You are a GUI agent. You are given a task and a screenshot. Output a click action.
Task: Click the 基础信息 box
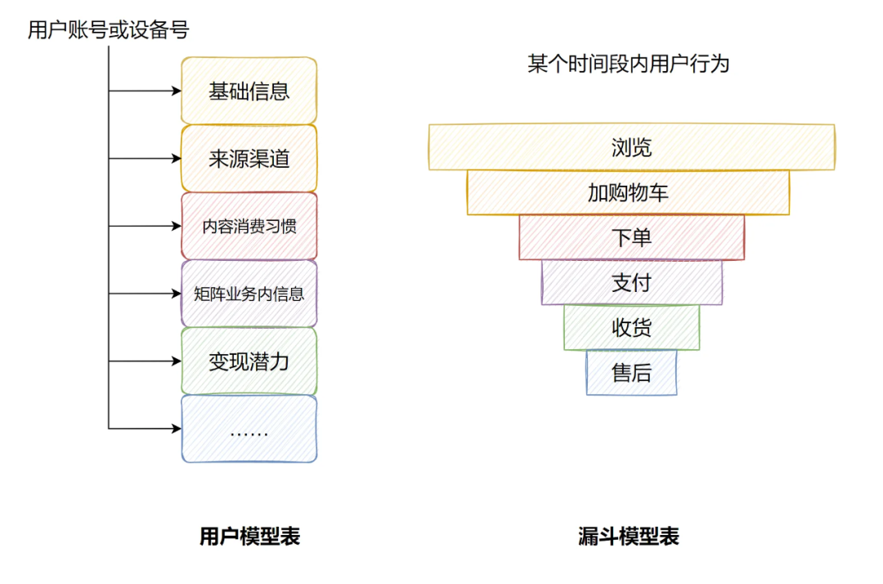click(249, 91)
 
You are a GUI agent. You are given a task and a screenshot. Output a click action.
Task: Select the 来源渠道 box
click(249, 159)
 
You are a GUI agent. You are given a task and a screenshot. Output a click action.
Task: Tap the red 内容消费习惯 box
click(249, 226)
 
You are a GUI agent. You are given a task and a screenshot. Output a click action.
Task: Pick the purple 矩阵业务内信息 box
click(249, 294)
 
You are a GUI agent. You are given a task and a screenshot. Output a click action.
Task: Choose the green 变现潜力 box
click(249, 361)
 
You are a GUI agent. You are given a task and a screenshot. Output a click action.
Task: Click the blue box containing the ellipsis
click(249, 429)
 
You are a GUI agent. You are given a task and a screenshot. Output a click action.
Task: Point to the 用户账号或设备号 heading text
click(108, 31)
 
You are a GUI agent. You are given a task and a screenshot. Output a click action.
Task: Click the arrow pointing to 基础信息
click(145, 91)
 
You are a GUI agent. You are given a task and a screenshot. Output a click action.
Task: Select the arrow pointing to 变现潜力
click(145, 361)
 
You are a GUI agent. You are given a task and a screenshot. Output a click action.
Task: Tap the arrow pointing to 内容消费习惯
click(145, 226)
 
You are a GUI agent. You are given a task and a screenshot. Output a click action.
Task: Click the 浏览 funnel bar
click(631, 147)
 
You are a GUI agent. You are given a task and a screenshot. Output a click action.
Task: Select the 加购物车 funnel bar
click(628, 192)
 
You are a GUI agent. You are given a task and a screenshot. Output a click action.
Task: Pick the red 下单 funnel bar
click(631, 237)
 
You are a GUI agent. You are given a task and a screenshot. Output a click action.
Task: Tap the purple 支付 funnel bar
click(631, 282)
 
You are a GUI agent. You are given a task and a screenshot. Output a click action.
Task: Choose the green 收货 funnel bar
click(631, 327)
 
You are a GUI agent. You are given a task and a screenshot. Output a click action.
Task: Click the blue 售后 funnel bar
click(631, 372)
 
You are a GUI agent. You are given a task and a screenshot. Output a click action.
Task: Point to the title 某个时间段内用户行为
click(628, 65)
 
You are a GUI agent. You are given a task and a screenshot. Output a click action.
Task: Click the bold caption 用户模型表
click(249, 537)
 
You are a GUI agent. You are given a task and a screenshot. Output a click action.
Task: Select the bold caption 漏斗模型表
click(628, 537)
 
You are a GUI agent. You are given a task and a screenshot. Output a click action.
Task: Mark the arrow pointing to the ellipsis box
click(145, 428)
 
